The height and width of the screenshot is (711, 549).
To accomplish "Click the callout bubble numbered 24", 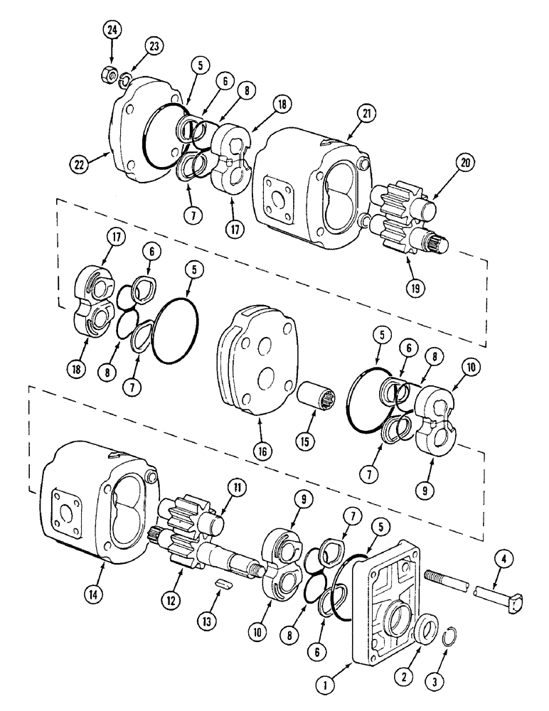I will click(112, 30).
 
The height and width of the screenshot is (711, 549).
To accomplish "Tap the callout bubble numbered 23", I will click(154, 46).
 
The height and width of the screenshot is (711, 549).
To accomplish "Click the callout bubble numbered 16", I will click(260, 451).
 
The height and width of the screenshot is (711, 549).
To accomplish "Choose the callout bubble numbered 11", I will click(235, 487).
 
